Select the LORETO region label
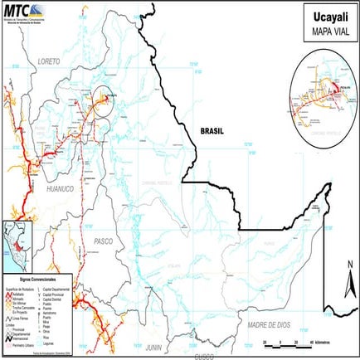[51, 61]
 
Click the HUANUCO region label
[60, 189]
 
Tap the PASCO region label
[104, 241]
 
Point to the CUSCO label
[203, 356]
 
